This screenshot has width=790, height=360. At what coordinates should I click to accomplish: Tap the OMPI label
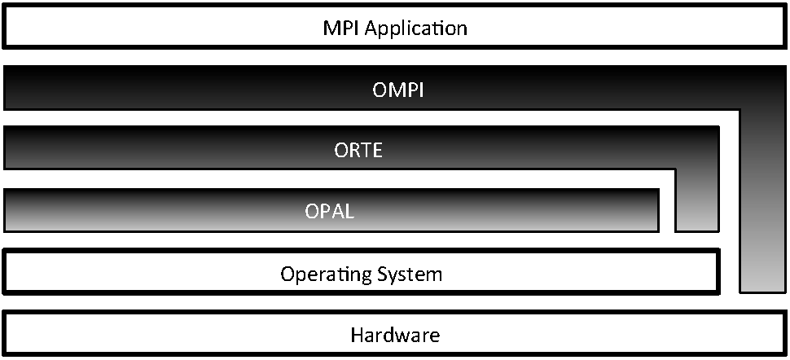click(x=394, y=89)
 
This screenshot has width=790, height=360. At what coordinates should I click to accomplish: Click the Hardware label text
click(x=395, y=334)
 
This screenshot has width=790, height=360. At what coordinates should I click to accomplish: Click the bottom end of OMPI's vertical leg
click(x=762, y=288)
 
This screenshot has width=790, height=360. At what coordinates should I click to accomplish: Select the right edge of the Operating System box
click(x=718, y=272)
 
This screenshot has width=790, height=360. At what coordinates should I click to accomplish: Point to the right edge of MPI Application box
click(x=783, y=28)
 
